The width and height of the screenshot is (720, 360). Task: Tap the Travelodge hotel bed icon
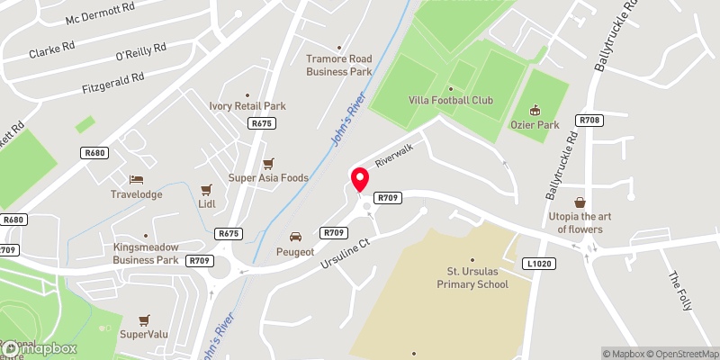pos(136,179)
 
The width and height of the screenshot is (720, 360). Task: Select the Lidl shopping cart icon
pos(207,189)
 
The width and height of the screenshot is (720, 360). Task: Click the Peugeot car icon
pos(294,237)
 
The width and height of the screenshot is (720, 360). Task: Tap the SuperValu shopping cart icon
pos(144,319)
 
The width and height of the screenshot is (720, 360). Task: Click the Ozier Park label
pos(535,124)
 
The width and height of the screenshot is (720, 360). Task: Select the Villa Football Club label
pos(451,101)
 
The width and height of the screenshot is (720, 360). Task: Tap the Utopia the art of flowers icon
pos(580,202)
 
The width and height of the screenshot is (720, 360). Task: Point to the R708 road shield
pos(590,120)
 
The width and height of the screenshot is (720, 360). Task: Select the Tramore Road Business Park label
pos(338,65)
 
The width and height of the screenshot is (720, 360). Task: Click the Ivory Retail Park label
pos(247,105)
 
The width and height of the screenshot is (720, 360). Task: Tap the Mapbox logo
pos(38,349)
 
